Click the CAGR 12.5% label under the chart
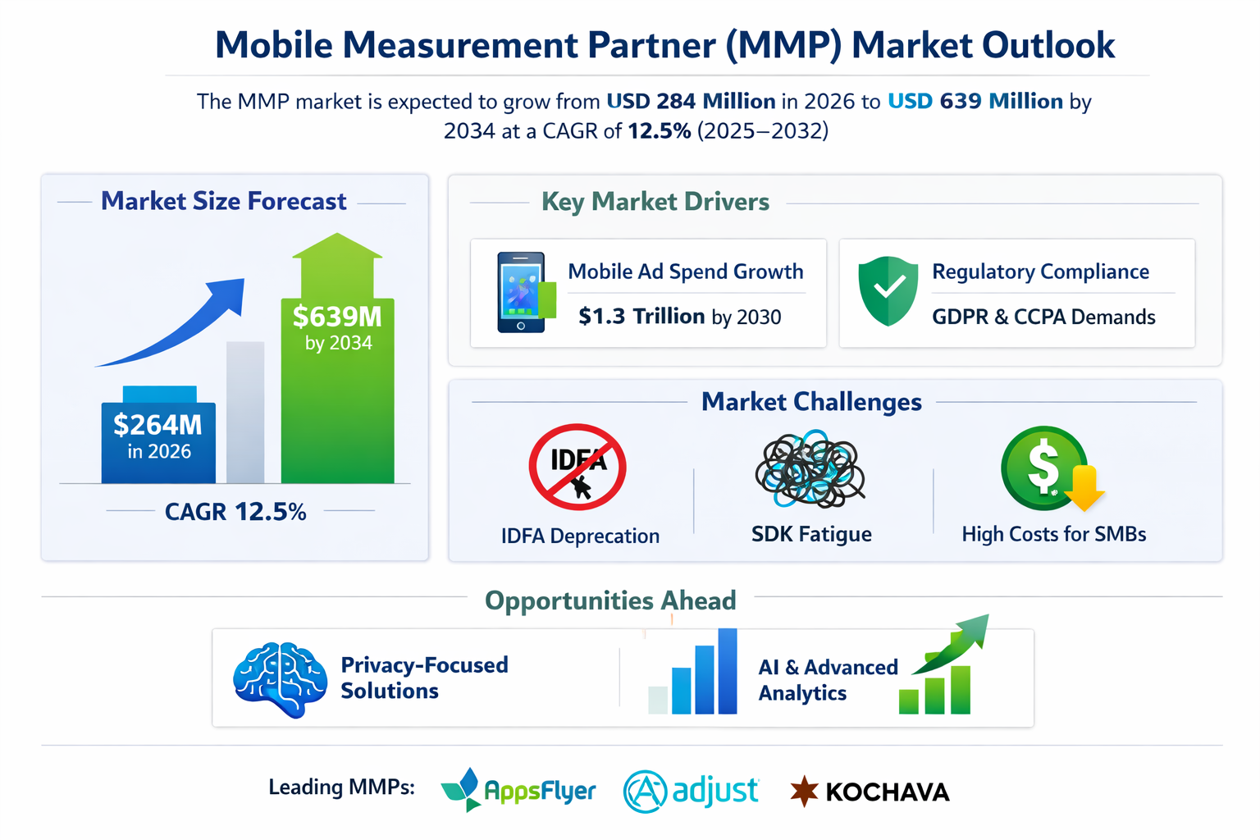point(235,512)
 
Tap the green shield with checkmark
point(888,290)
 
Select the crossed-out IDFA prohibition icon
point(577,467)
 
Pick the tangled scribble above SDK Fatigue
point(810,468)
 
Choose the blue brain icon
point(280,678)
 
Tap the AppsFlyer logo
point(518,790)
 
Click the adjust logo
point(692,791)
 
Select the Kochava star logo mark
point(804,791)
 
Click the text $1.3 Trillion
point(641,317)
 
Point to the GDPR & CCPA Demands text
point(1043,317)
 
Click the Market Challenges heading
point(811,402)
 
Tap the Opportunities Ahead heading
point(610,600)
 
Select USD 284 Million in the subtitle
point(691,102)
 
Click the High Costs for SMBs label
point(1053,534)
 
